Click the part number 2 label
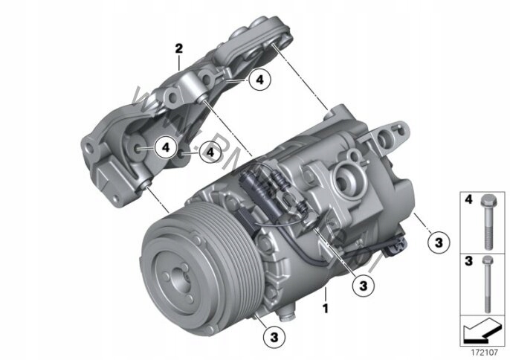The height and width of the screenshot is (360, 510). pyautogui.click(x=178, y=49)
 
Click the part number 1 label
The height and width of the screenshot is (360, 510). pyautogui.click(x=324, y=306)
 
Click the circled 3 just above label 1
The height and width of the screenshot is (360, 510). pyautogui.click(x=363, y=284)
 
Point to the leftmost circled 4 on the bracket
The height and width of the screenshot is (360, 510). pyautogui.click(x=167, y=147)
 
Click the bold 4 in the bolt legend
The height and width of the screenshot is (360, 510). pyautogui.click(x=468, y=200)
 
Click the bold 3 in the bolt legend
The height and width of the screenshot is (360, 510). pyautogui.click(x=468, y=261)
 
